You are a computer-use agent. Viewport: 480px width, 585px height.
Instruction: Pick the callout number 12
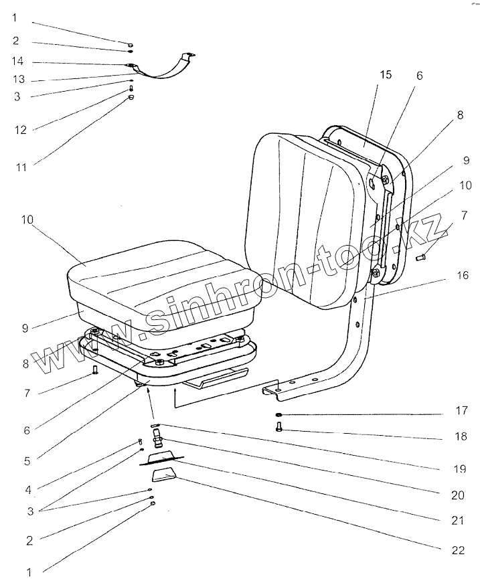click(x=20, y=129)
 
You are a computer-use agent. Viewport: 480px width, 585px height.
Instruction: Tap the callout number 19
click(x=458, y=469)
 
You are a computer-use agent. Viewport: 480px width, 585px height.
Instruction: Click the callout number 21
click(x=458, y=519)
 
